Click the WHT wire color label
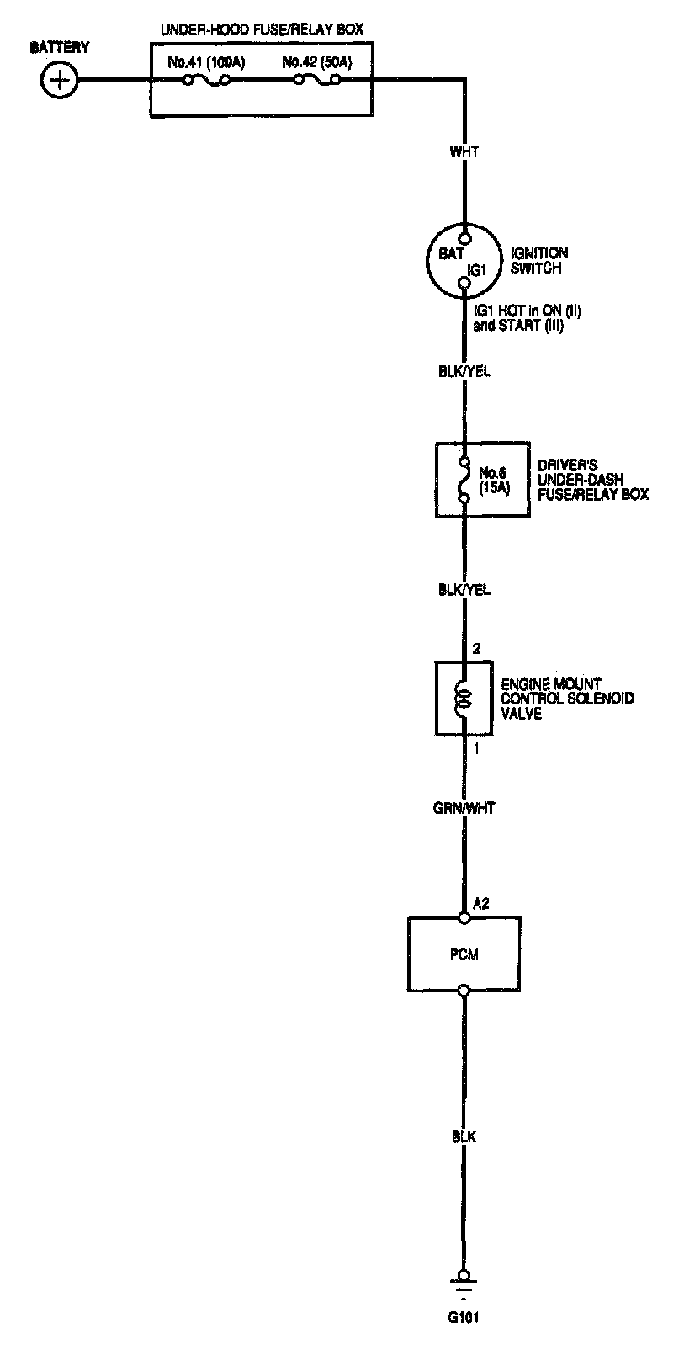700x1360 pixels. tap(464, 152)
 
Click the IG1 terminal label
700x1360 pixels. tap(477, 270)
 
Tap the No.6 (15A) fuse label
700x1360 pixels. tap(493, 479)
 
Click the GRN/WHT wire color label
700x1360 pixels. tap(464, 808)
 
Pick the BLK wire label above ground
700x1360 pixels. tap(464, 1137)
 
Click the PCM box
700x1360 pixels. tap(464, 954)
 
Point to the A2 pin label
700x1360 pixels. tap(481, 905)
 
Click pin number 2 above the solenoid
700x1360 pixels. tap(476, 649)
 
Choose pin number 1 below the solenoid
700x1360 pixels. tap(476, 748)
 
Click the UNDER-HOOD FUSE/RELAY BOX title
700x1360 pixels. tap(262, 29)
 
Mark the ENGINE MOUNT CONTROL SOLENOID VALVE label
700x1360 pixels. tap(567, 699)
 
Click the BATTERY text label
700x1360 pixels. tap(59, 48)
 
